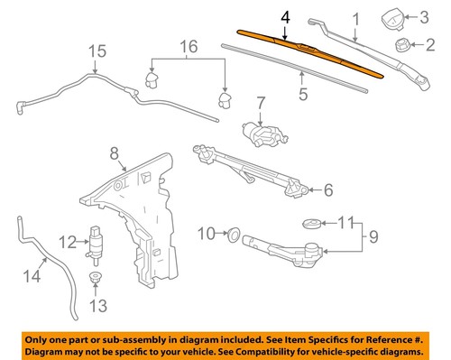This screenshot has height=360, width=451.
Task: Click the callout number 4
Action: click(287, 17)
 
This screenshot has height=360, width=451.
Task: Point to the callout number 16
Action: click(188, 45)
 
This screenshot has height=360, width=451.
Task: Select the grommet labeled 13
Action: click(95, 276)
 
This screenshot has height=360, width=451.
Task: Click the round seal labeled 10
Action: click(233, 235)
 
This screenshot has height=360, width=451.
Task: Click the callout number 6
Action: click(327, 189)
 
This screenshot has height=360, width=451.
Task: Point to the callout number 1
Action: click(354, 17)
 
